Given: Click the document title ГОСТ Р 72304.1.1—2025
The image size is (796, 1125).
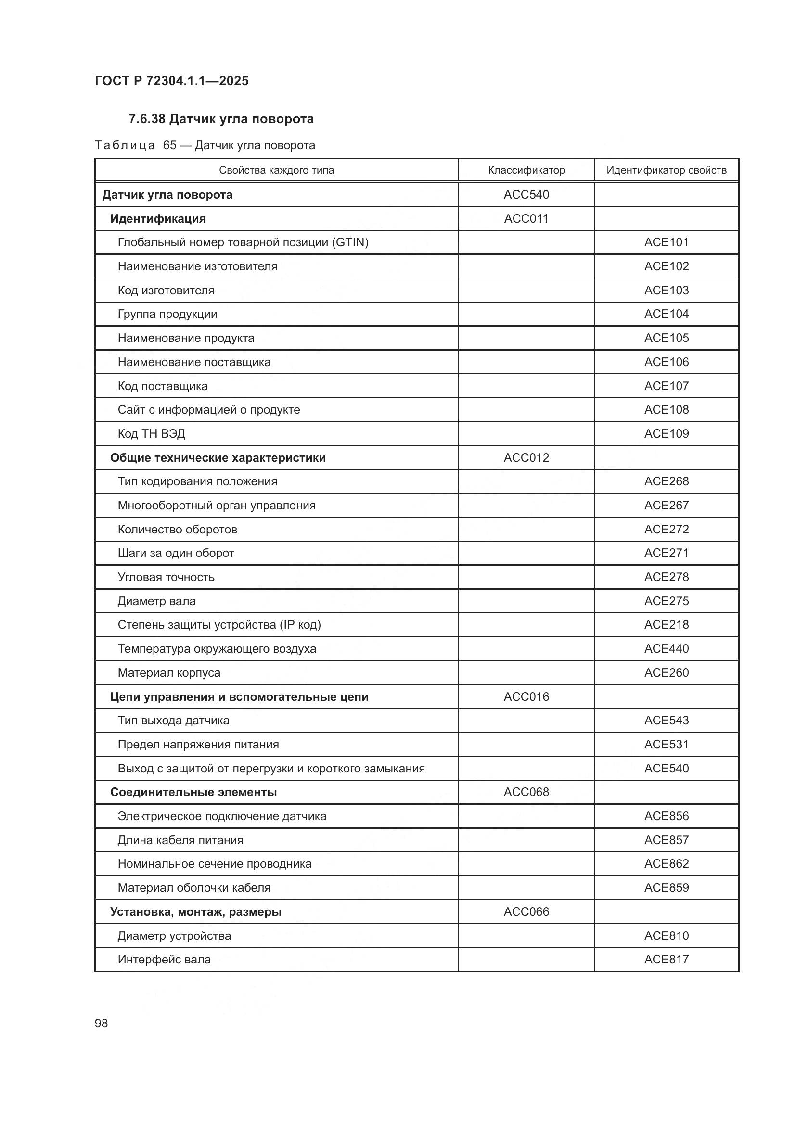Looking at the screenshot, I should (171, 81).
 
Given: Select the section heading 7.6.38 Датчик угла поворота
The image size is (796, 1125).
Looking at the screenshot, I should (221, 119).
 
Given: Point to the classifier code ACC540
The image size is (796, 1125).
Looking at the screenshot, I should (526, 194).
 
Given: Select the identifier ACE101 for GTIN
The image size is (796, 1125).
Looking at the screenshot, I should (666, 242).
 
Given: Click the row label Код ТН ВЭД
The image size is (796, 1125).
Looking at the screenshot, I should (151, 434).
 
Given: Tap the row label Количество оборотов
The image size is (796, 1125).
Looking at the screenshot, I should (177, 529).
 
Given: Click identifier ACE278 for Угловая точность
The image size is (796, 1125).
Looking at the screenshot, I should (666, 577).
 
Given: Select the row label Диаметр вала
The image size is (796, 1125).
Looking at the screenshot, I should (156, 601).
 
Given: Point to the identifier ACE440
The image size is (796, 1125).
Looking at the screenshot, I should (666, 649).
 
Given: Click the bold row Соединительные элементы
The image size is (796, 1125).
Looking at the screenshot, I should (193, 792).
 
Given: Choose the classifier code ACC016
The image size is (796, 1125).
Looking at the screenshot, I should (526, 697).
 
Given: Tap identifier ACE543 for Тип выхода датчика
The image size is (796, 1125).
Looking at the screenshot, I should (666, 721).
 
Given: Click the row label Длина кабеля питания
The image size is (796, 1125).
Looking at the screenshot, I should (180, 840).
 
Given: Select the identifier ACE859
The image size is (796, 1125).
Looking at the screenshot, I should (666, 888).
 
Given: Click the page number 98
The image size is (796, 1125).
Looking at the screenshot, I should (101, 1023).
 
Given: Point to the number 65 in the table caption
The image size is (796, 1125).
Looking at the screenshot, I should (169, 146).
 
